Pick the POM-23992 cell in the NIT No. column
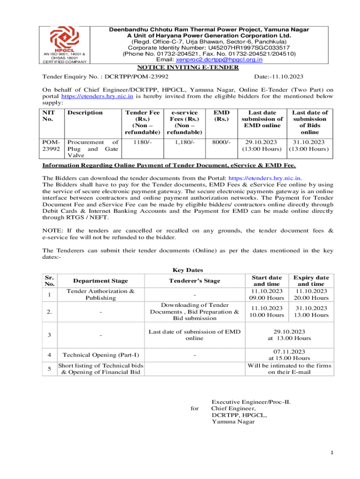click(x=51, y=146)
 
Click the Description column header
click(x=85, y=112)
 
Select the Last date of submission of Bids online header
click(x=310, y=122)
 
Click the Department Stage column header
click(x=101, y=281)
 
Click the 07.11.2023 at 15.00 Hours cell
click(x=289, y=355)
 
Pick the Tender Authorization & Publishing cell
click(x=101, y=295)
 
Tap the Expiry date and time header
click(x=310, y=281)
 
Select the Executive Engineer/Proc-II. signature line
click(x=254, y=402)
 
